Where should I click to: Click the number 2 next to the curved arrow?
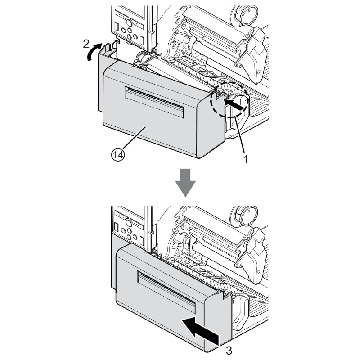click(x=86, y=43)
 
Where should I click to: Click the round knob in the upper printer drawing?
click(x=246, y=17)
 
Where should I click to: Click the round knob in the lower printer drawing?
click(x=246, y=216)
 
